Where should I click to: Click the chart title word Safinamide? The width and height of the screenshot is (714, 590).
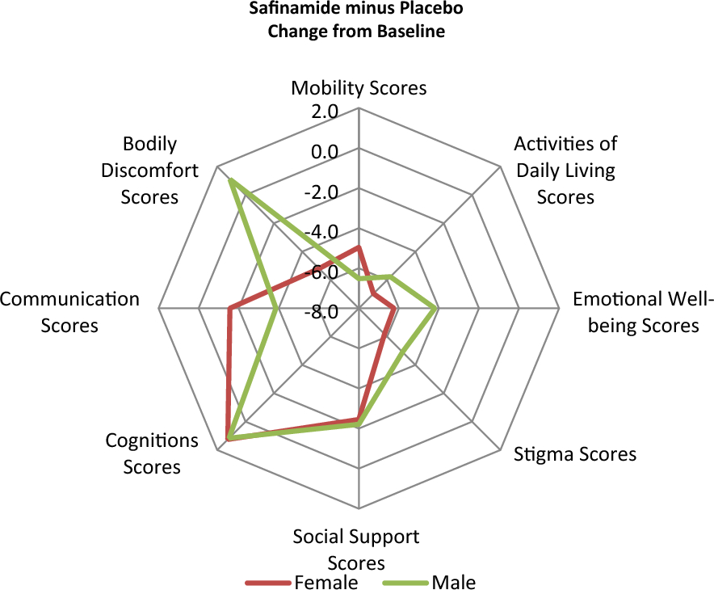[298, 11]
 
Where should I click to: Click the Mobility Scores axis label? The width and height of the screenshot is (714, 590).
[359, 87]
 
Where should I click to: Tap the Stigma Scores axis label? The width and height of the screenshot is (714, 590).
[575, 453]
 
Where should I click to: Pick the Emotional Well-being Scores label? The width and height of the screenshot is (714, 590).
[643, 312]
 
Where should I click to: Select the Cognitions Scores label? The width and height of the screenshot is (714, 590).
[152, 453]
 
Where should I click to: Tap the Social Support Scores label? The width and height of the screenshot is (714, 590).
[356, 548]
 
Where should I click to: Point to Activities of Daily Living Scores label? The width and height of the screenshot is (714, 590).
[565, 170]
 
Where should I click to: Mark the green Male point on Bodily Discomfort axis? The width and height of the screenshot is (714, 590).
[231, 180]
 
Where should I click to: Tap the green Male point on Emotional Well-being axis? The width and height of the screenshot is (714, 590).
[436, 308]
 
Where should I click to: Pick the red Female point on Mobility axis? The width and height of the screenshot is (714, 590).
[359, 247]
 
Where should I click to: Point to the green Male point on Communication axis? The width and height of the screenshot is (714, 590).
[278, 308]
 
